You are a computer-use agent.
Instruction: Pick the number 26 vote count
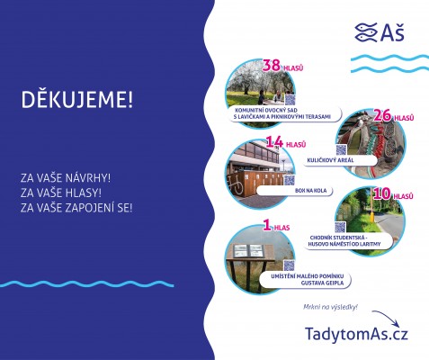tap(383, 115)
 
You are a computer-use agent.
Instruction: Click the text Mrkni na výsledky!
tap(331, 308)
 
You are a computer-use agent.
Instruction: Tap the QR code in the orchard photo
tap(290, 98)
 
